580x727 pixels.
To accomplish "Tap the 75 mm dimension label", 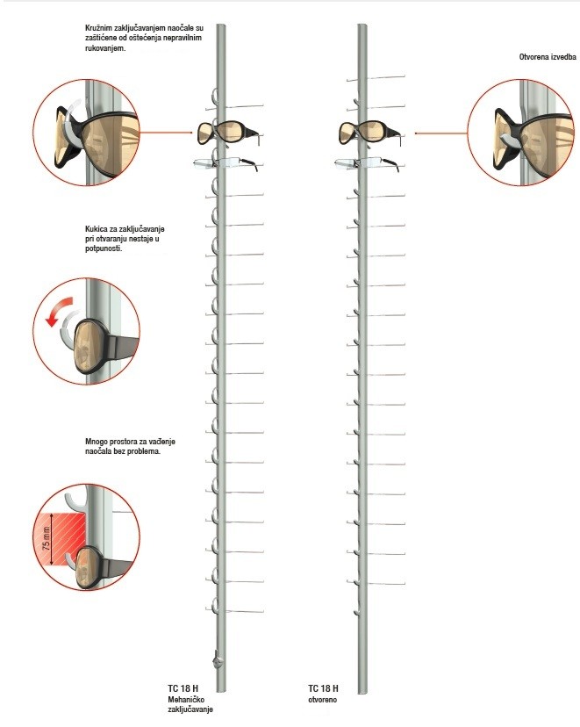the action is click(47, 538).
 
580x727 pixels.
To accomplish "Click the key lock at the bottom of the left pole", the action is click(217, 660).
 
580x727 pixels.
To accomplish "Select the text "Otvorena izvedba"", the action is click(548, 57).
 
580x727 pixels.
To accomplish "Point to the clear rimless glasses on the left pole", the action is click(226, 163).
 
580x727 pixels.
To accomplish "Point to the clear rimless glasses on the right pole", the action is click(367, 163).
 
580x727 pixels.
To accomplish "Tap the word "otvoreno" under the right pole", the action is click(322, 700).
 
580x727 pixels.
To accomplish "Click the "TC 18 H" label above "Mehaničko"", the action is click(183, 688).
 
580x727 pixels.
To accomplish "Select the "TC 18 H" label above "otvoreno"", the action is click(323, 688).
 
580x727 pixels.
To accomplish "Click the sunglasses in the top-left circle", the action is click(97, 141).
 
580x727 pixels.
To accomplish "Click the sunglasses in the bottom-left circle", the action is click(103, 567).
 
